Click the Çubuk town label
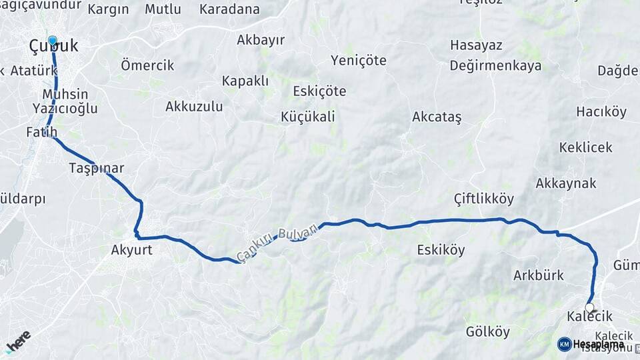[53, 46]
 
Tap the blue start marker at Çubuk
[52, 40]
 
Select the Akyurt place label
[131, 251]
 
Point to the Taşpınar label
[96, 168]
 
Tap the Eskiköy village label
[441, 251]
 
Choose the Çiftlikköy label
[483, 199]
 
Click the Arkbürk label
[538, 275]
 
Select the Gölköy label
[487, 331]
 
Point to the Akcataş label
[437, 117]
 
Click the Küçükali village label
[307, 117]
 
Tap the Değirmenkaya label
[495, 65]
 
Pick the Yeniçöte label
[358, 60]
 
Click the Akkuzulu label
[194, 106]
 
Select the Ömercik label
[147, 65]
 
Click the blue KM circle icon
[564, 344]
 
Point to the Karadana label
[229, 9]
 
